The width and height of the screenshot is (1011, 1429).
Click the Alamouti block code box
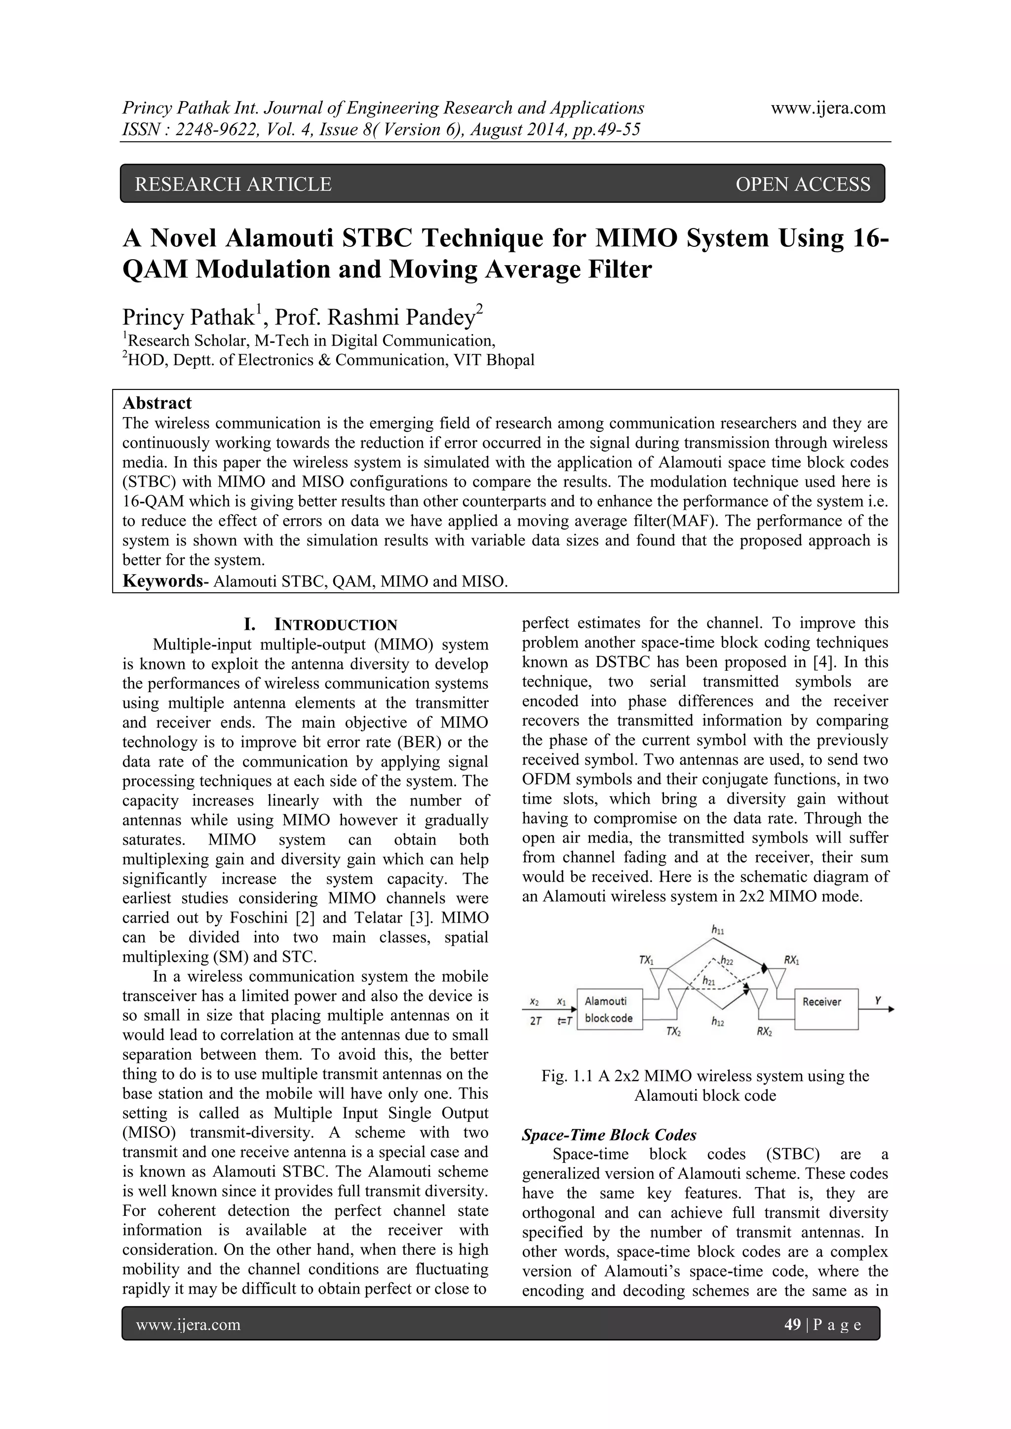pos(609,1009)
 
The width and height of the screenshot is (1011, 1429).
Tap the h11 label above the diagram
pos(717,930)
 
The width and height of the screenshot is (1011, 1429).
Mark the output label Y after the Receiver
pos(878,1000)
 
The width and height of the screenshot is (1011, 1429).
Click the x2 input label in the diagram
pos(534,1002)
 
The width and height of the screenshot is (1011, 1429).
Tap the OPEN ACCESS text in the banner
pos(803,184)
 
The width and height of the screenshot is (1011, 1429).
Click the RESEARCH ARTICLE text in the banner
pos(233,184)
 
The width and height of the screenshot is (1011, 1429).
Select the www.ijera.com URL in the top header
pos(828,108)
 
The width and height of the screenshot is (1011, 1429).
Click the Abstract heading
pos(157,403)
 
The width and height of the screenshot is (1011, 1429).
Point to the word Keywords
pos(160,581)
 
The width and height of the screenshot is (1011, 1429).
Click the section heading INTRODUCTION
pos(336,625)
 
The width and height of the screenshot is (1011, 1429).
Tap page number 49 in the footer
pos(792,1324)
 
